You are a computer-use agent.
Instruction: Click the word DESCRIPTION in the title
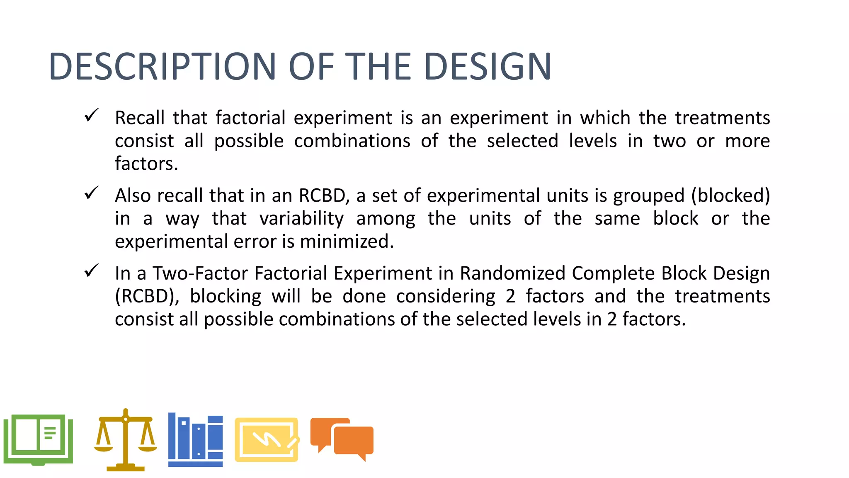click(x=162, y=66)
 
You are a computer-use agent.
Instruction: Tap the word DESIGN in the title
click(x=488, y=66)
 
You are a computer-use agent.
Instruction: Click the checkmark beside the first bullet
click(x=91, y=115)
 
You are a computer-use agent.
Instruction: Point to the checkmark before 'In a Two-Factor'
click(x=91, y=271)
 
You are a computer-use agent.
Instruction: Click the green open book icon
click(x=38, y=439)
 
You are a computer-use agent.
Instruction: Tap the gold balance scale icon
click(x=125, y=440)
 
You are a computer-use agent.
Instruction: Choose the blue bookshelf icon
click(x=195, y=440)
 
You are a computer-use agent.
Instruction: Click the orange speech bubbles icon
click(x=342, y=439)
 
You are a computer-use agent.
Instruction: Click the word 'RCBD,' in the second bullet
click(x=324, y=196)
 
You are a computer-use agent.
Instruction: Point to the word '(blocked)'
click(x=730, y=196)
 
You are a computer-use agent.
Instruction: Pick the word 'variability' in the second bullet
click(x=301, y=219)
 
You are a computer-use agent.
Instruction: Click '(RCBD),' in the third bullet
click(x=147, y=297)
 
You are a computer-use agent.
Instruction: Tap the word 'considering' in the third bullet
click(x=446, y=297)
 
